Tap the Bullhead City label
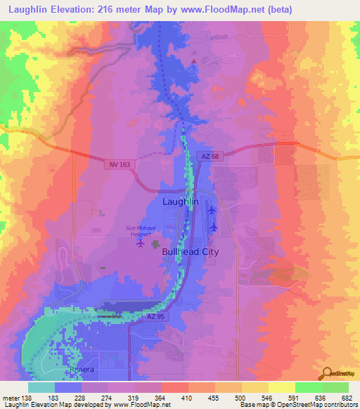[190, 252]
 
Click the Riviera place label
[80, 369]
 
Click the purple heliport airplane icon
[141, 244]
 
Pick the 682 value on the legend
[347, 398]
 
